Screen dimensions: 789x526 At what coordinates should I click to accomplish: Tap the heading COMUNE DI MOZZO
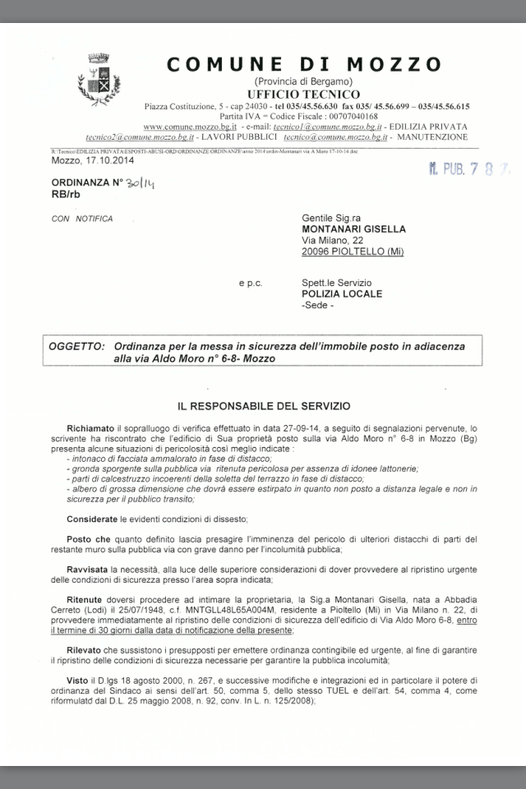tap(304, 64)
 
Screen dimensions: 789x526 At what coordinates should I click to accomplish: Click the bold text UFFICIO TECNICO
tap(303, 95)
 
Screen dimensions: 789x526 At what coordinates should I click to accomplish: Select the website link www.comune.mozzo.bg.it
tap(190, 127)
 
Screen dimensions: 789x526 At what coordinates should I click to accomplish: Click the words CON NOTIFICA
tap(82, 219)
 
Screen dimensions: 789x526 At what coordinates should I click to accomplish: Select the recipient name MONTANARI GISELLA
tap(353, 229)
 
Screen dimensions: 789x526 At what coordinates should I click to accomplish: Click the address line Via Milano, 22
tap(332, 241)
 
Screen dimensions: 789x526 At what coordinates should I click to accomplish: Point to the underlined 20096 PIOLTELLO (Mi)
tap(353, 252)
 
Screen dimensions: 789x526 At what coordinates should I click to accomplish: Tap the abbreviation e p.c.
tap(251, 283)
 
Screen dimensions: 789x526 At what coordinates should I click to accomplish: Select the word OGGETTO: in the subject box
tap(76, 347)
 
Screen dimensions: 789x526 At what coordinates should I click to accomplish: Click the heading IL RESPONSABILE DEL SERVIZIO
tap(264, 405)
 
